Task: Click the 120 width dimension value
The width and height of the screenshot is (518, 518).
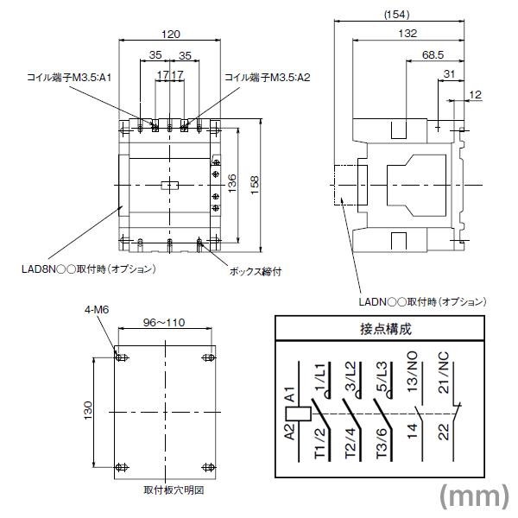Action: pos(171,34)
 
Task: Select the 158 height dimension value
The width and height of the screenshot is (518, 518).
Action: pos(254,184)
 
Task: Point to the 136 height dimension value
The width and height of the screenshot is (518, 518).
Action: pos(232,184)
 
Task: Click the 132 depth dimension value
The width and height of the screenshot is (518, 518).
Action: pos(407,34)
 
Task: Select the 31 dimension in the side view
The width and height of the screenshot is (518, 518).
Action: pos(448,75)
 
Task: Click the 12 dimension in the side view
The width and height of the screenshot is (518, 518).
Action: pos(475,94)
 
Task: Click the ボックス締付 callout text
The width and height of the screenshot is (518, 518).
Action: pos(256,269)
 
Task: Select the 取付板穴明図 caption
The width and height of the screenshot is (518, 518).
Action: pos(173,490)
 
